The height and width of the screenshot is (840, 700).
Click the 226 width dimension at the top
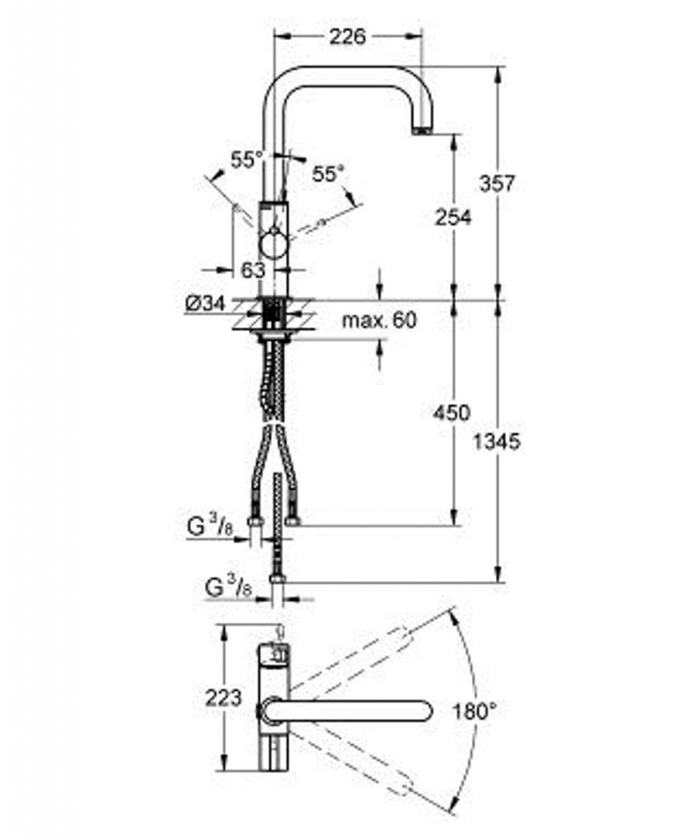[347, 37]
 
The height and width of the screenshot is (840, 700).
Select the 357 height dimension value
[496, 184]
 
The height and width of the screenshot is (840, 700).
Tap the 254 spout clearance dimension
[453, 217]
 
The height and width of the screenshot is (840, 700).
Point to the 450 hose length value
[451, 413]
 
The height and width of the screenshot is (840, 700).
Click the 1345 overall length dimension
[496, 442]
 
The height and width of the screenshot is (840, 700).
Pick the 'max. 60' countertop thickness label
[379, 321]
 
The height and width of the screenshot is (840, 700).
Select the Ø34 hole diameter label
[204, 304]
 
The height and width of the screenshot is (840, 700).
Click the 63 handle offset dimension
[253, 270]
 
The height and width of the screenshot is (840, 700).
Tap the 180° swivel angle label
[474, 712]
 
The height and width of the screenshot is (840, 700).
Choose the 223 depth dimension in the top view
[223, 697]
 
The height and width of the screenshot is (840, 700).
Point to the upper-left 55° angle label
[247, 160]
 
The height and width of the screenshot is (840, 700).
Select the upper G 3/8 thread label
[210, 527]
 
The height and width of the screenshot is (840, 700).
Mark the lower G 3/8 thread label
[228, 587]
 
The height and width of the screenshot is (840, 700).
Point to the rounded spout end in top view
[426, 711]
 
